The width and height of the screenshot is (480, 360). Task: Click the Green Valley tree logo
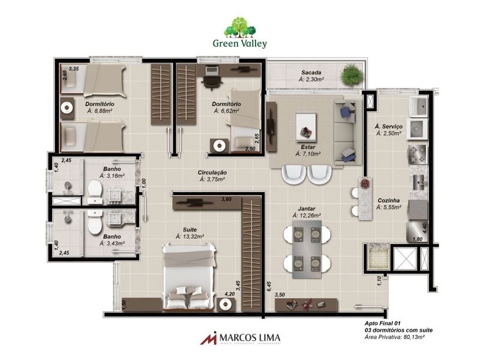(239, 28)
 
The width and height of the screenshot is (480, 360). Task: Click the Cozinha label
(389, 202)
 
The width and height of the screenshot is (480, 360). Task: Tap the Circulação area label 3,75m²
(212, 179)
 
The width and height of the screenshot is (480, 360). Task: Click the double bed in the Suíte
(189, 275)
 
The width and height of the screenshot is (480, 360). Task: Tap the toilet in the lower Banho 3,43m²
(95, 223)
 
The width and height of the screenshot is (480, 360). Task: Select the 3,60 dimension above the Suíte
(226, 199)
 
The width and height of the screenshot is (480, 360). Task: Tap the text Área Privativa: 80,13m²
(399, 338)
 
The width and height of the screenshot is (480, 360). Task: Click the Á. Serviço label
(388, 127)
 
